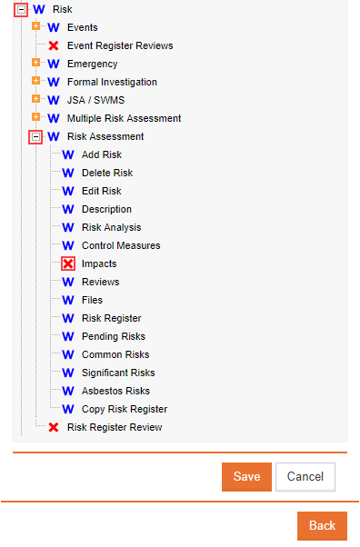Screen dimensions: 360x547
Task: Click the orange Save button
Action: pyautogui.click(x=246, y=476)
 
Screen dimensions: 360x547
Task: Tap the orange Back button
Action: pyautogui.click(x=322, y=526)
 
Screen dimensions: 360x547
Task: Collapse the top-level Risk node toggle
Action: pyautogui.click(x=21, y=9)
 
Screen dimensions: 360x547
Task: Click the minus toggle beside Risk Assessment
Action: pyautogui.click(x=35, y=136)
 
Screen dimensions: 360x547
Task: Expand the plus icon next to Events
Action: pyautogui.click(x=35, y=26)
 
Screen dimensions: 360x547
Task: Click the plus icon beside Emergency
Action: pyautogui.click(x=35, y=63)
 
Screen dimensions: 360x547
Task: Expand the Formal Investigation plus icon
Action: pyautogui.click(x=35, y=81)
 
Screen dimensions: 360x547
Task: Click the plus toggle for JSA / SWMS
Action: pyautogui.click(x=35, y=99)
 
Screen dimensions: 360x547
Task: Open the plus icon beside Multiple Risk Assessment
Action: pyautogui.click(x=35, y=117)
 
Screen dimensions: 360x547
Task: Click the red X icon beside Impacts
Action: pyautogui.click(x=68, y=264)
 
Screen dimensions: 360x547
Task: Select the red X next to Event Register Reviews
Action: pyautogui.click(x=54, y=45)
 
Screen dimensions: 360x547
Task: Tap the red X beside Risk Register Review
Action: pyautogui.click(x=54, y=427)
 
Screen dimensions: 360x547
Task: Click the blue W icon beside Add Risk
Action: pyautogui.click(x=68, y=154)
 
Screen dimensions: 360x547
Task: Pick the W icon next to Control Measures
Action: pyautogui.click(x=68, y=245)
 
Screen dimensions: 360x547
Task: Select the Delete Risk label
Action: pyautogui.click(x=107, y=173)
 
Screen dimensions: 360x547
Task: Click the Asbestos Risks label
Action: pyautogui.click(x=115, y=391)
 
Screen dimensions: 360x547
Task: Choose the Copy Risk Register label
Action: pyautogui.click(x=125, y=409)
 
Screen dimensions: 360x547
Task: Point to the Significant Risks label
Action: pyautogui.click(x=118, y=373)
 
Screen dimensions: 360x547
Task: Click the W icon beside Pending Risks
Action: pyautogui.click(x=68, y=336)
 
